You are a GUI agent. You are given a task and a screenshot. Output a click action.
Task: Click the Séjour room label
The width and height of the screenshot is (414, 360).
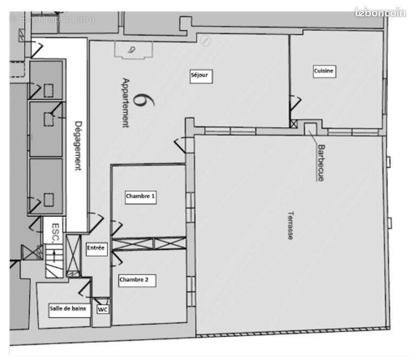click(199, 75)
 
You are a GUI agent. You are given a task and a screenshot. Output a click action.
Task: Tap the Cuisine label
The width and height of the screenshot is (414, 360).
click(324, 71)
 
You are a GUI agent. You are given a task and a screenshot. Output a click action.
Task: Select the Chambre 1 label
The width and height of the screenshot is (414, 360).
click(141, 197)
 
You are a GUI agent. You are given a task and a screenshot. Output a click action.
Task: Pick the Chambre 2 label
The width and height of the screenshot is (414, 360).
click(137, 280)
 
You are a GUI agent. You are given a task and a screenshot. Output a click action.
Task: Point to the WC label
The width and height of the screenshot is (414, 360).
click(102, 310)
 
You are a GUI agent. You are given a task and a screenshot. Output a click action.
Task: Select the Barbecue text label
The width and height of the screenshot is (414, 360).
click(320, 162)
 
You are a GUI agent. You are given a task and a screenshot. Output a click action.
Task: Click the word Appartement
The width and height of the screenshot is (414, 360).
click(125, 103)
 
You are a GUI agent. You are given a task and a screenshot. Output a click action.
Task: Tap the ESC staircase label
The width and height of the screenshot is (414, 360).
click(55, 231)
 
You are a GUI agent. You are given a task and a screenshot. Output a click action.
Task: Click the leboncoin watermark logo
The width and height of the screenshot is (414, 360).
click(380, 12)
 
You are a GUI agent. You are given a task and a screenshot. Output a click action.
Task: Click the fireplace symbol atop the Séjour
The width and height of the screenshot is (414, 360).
click(132, 50)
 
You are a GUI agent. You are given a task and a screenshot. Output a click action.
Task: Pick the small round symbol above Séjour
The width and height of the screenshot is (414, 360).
click(205, 41)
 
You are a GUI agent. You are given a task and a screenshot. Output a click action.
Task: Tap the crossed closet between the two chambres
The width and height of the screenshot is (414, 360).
click(149, 243)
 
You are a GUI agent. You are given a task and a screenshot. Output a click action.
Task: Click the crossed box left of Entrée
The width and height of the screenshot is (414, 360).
click(73, 255)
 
